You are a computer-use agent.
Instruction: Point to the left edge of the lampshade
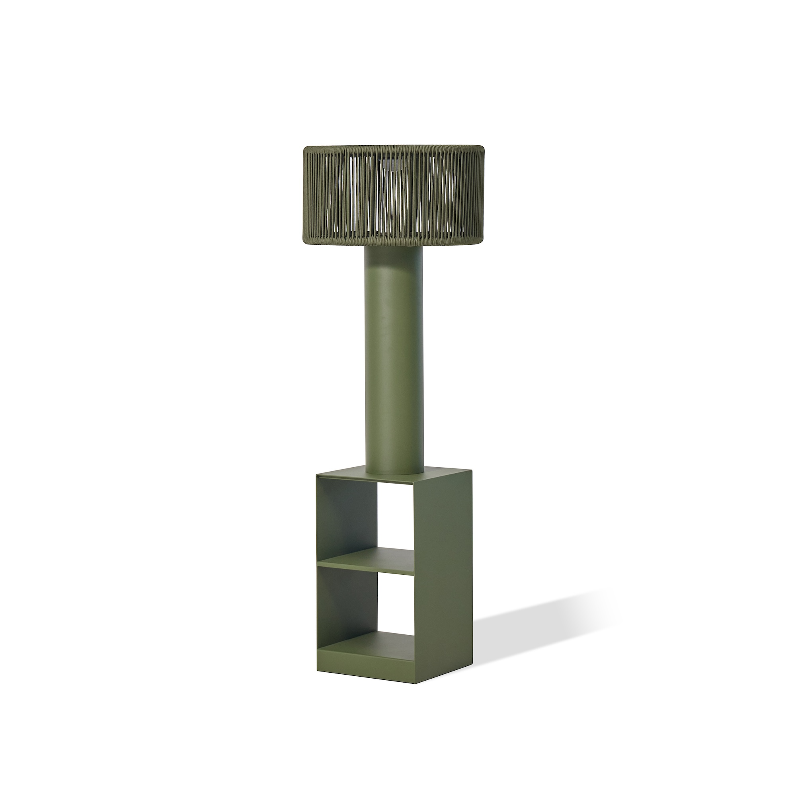coord(305,194)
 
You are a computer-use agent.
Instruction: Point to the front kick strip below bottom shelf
coord(367,661)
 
